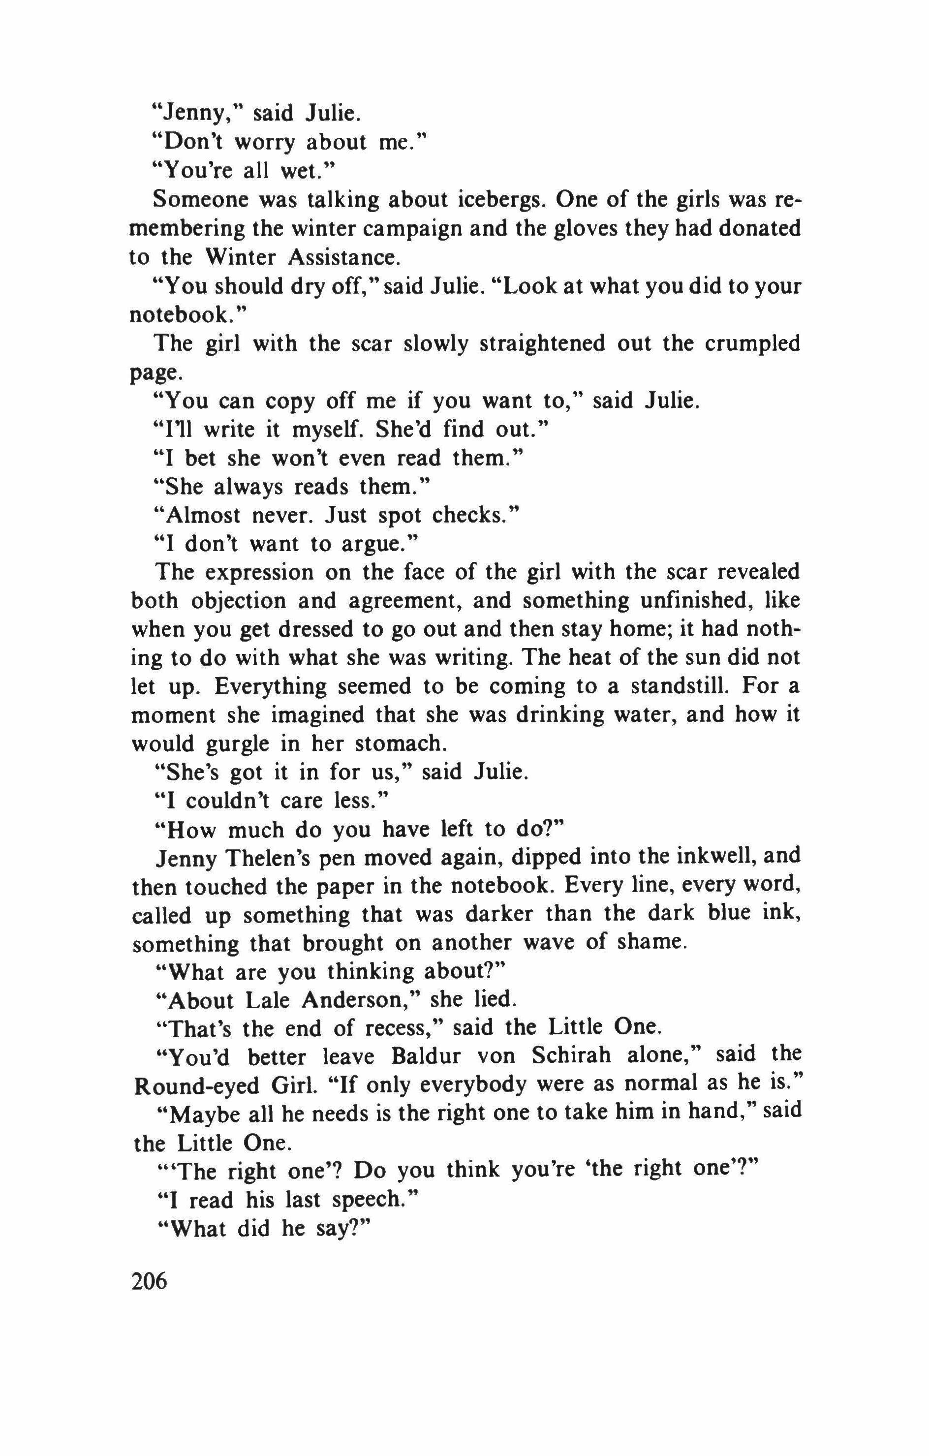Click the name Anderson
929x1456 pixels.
[x=362, y=1000]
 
